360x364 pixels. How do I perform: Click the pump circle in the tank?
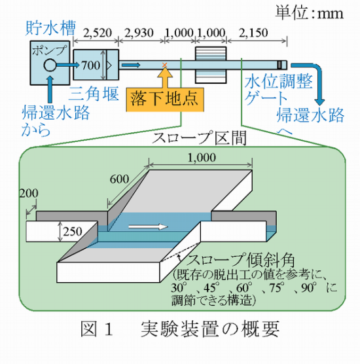pos(50,65)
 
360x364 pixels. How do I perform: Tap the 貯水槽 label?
pos(50,28)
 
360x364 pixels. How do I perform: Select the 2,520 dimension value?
pos(98,33)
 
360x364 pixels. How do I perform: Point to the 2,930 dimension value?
pos(139,33)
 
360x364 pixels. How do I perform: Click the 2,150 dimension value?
pos(253,33)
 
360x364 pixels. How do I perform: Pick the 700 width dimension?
pos(91,65)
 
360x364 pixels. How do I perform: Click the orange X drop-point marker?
pos(164,65)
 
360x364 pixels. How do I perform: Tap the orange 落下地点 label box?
pos(165,100)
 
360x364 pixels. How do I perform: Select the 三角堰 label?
pos(94,94)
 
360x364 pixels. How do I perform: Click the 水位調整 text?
pos(279,82)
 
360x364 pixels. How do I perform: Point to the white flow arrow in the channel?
pos(148,227)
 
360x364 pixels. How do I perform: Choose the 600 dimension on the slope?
pos(119,179)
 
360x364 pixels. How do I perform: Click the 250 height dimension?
pos(73,232)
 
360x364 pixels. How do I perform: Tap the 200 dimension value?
pos(29,193)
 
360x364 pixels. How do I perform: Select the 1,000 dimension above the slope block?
pos(202,158)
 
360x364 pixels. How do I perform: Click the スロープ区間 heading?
pos(199,138)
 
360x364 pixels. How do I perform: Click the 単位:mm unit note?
pos(309,13)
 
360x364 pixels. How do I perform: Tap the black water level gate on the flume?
pos(279,65)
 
